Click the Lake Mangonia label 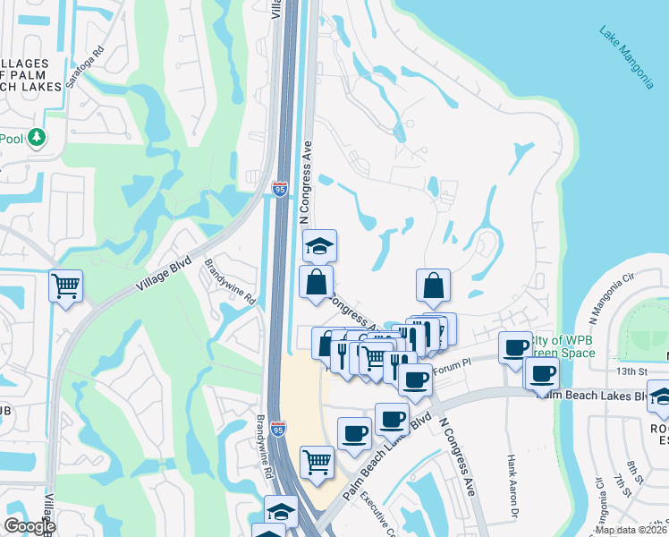(625, 59)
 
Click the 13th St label (631, 371)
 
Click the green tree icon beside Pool (37, 138)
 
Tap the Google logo (29, 526)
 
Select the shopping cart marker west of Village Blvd (65, 286)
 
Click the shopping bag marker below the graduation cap (317, 282)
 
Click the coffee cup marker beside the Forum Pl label (415, 379)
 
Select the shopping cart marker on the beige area (317, 461)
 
